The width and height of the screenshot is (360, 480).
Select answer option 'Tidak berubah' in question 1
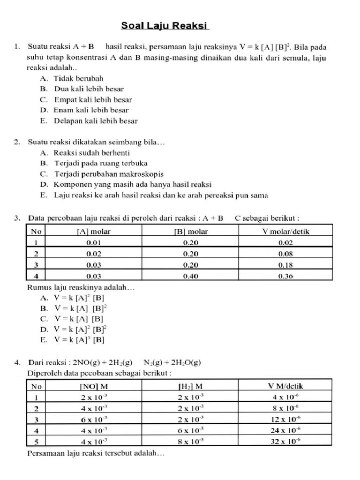coord(78,78)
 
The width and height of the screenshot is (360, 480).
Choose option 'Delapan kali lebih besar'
coord(96,121)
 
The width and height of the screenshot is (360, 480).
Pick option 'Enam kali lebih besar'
coord(91,110)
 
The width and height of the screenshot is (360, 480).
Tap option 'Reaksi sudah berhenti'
coord(92,153)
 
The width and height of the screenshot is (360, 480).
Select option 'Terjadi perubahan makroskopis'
coord(106,174)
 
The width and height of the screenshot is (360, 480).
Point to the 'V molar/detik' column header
coord(285,232)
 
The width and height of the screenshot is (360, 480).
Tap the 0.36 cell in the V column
coord(285,276)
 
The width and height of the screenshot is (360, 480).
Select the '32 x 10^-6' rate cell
coord(285,442)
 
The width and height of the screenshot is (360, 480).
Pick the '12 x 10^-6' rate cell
coord(285,420)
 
